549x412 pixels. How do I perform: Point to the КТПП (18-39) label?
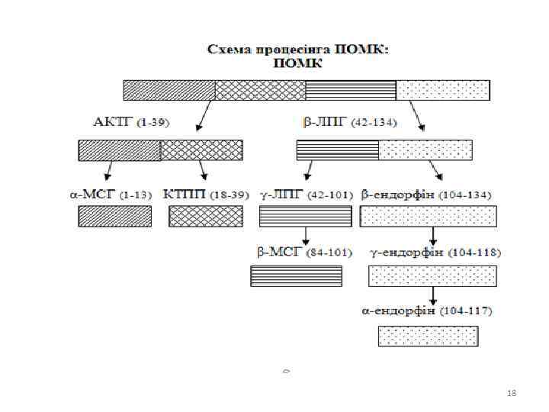pos(206,194)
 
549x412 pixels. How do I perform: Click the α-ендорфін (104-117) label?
pos(426,311)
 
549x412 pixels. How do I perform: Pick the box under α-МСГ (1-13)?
pos(114,217)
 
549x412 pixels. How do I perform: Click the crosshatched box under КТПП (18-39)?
pos(206,217)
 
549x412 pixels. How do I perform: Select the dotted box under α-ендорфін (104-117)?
pos(429,336)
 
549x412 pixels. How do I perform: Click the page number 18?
pos(512,392)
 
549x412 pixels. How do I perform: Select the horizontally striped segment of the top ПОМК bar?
pos(351,90)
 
